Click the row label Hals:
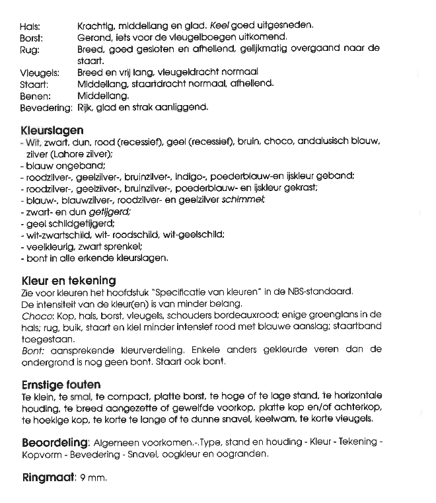click(x=30, y=26)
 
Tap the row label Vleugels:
click(x=40, y=73)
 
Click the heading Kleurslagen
click(x=53, y=130)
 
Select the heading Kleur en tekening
click(x=69, y=280)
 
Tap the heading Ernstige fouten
click(x=61, y=385)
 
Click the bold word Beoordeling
click(x=55, y=442)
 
